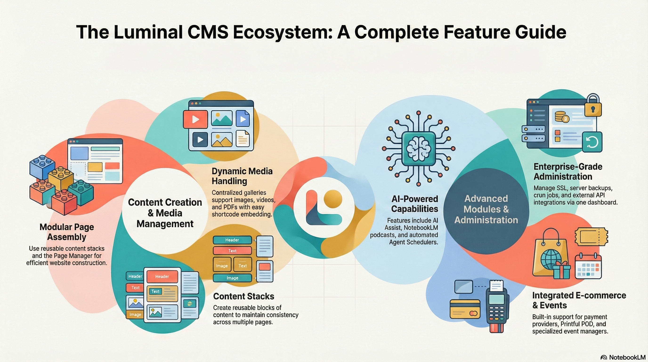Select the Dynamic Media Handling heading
[x=242, y=176]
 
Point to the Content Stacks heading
[x=243, y=296]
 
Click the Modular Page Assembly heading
[x=67, y=232]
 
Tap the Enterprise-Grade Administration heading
[x=568, y=171]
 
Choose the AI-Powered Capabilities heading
[x=415, y=204]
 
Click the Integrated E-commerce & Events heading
[x=579, y=300]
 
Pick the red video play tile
[x=195, y=119]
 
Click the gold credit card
[x=465, y=309]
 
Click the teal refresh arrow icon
[x=592, y=142]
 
